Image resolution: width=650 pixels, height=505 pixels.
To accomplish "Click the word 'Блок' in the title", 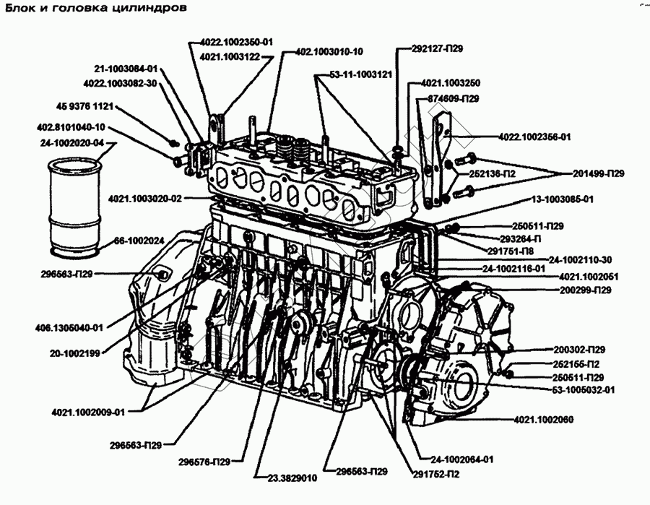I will [22, 9].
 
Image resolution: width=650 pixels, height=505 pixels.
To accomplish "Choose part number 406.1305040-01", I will [69, 327].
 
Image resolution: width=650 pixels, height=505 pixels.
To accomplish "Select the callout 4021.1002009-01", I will [88, 413].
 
